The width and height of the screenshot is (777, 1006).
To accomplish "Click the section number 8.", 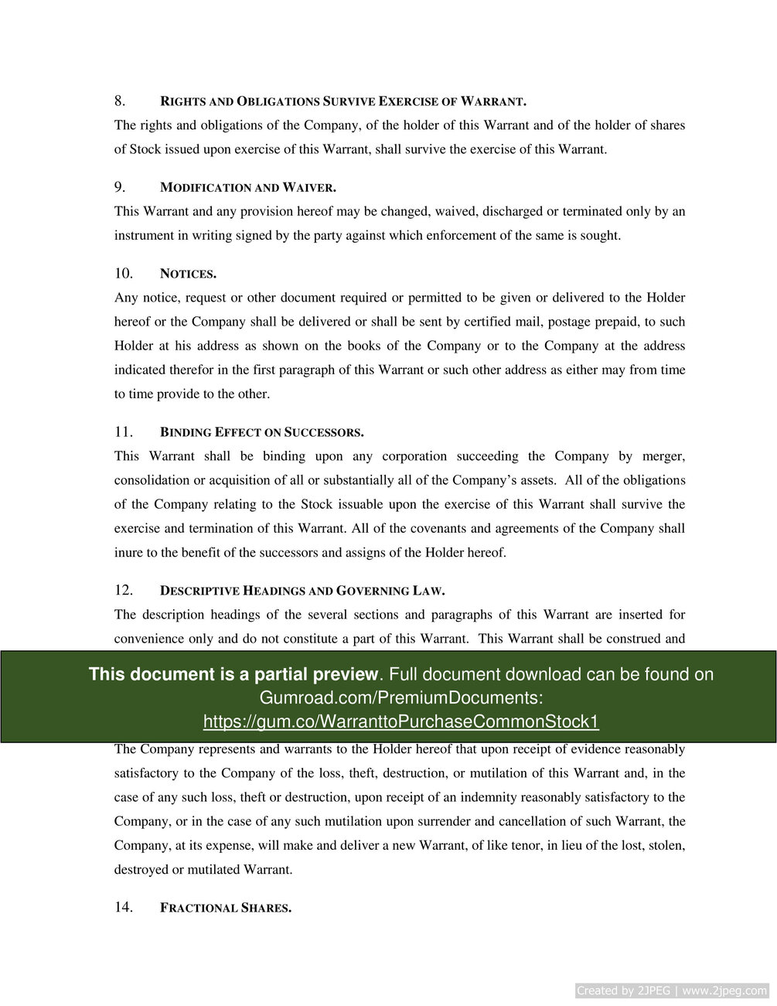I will pyautogui.click(x=120, y=101).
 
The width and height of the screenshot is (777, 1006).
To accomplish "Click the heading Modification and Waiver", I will pyautogui.click(x=247, y=188).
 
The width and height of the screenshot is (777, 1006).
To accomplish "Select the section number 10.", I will pyautogui.click(x=124, y=274).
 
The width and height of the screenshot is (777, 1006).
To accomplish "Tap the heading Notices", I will pyautogui.click(x=188, y=275).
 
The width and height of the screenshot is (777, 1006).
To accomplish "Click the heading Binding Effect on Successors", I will pyautogui.click(x=261, y=432).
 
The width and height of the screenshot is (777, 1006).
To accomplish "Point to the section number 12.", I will pyautogui.click(x=124, y=591).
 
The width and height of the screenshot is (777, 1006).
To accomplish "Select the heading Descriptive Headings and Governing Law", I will pyautogui.click(x=302, y=592).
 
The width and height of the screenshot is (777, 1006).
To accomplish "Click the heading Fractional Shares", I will pyautogui.click(x=225, y=909).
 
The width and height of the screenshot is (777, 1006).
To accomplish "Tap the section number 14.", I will pyautogui.click(x=124, y=908).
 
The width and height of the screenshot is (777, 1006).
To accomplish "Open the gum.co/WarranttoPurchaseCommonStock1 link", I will pyautogui.click(x=400, y=722).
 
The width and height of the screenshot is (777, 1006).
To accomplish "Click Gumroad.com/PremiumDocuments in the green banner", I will pyautogui.click(x=400, y=698).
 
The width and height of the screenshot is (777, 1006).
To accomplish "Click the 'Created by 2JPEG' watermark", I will pyautogui.click(x=672, y=991).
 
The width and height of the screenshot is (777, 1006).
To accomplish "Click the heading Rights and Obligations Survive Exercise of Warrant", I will pyautogui.click(x=342, y=102).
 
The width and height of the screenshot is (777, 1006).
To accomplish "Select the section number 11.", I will pyautogui.click(x=124, y=432).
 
